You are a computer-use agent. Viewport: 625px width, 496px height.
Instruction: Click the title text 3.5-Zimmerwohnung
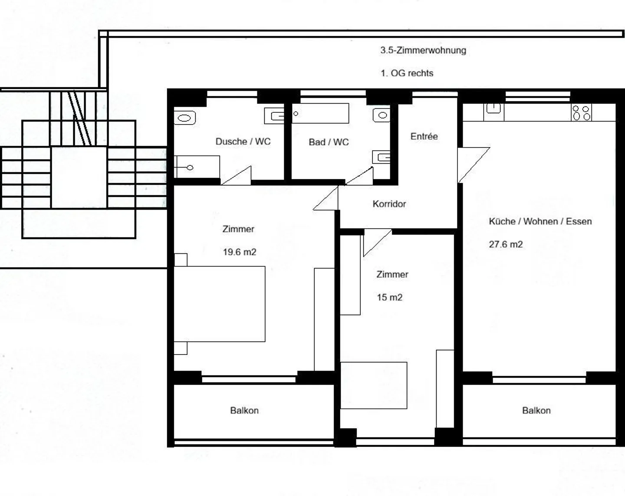point(423,50)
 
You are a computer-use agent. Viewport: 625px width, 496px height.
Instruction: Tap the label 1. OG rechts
point(407,73)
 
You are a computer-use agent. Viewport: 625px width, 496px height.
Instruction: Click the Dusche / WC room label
point(243,141)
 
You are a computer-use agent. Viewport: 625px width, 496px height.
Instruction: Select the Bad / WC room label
point(329,142)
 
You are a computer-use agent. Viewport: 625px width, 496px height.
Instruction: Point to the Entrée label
point(424,136)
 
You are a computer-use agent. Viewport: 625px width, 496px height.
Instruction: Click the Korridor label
point(389,204)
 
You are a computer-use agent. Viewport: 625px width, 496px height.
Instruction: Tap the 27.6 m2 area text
point(506,244)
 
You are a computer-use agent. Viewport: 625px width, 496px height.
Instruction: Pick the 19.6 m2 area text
point(240,252)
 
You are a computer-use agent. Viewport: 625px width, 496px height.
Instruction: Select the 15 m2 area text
point(389,297)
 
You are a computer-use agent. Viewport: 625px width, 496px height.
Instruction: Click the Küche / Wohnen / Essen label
point(540,221)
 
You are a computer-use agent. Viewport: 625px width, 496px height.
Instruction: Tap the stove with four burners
point(581,113)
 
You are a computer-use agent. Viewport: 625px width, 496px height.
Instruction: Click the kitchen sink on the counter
point(494,109)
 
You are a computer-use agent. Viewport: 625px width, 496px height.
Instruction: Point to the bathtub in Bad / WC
point(320,113)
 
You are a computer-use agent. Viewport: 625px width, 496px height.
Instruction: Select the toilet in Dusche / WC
point(185,118)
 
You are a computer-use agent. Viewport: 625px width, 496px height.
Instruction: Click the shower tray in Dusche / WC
point(197,167)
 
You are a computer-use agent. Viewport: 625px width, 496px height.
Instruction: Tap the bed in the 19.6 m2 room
point(220,304)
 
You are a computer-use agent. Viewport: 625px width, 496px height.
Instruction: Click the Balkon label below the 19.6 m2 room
point(244,411)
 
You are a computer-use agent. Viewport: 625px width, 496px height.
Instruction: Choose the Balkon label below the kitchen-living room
point(536,411)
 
